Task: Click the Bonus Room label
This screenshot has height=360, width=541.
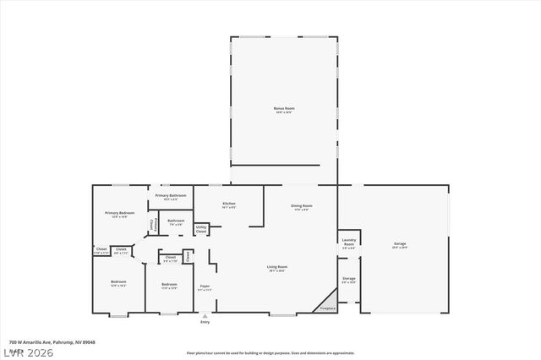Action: (x=283, y=109)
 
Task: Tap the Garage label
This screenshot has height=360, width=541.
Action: (x=400, y=244)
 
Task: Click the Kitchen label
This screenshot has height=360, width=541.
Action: (x=228, y=204)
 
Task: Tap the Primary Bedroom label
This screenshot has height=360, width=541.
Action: (x=120, y=213)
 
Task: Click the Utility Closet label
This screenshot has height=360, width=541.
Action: (x=201, y=228)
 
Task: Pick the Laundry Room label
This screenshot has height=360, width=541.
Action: (x=348, y=242)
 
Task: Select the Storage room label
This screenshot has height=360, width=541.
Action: (x=348, y=278)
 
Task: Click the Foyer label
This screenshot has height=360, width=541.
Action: (x=205, y=286)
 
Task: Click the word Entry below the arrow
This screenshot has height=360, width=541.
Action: (x=205, y=323)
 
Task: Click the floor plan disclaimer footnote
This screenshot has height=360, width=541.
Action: (x=270, y=352)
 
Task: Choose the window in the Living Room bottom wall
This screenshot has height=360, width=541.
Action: (x=282, y=315)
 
